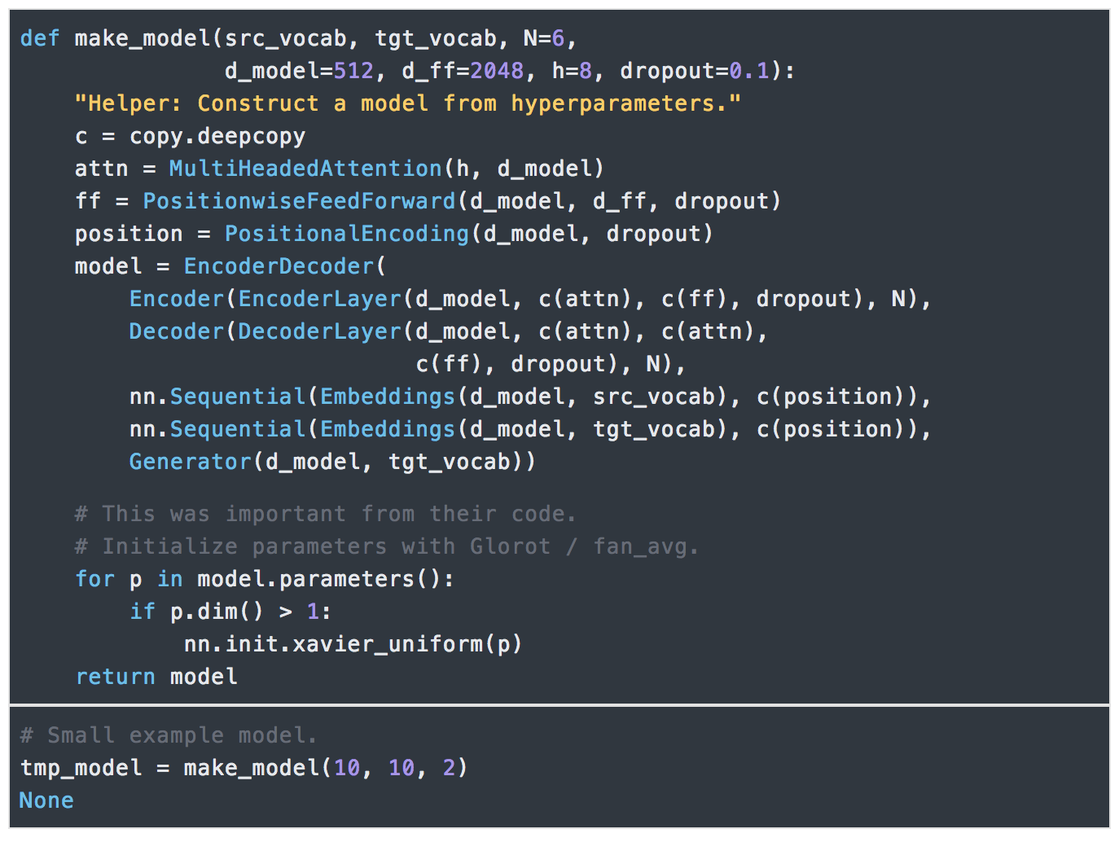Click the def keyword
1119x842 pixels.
pyautogui.click(x=40, y=38)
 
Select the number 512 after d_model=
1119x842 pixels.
pyautogui.click(x=353, y=71)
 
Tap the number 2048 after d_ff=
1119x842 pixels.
pyautogui.click(x=497, y=71)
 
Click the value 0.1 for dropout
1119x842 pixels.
pyautogui.click(x=749, y=71)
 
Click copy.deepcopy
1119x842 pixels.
pyautogui.click(x=217, y=137)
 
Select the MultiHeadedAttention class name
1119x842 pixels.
pyautogui.click(x=306, y=169)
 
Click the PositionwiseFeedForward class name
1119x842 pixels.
pyautogui.click(x=299, y=201)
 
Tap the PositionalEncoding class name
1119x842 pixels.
pyautogui.click(x=347, y=235)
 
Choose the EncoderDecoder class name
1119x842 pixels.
pyautogui.click(x=279, y=266)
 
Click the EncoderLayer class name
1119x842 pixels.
pyautogui.click(x=320, y=300)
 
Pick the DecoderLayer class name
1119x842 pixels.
pyautogui.click(x=320, y=332)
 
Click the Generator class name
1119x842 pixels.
pyautogui.click(x=191, y=462)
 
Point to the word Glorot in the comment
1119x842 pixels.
pyautogui.click(x=511, y=546)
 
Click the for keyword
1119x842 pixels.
pyautogui.click(x=94, y=579)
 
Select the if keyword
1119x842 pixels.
pyautogui.click(x=143, y=612)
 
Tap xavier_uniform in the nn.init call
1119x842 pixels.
pyautogui.click(x=388, y=644)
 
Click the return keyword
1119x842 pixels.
pyautogui.click(x=115, y=677)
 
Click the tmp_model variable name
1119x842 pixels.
pyautogui.click(x=81, y=768)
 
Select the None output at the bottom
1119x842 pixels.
pyautogui.click(x=47, y=800)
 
